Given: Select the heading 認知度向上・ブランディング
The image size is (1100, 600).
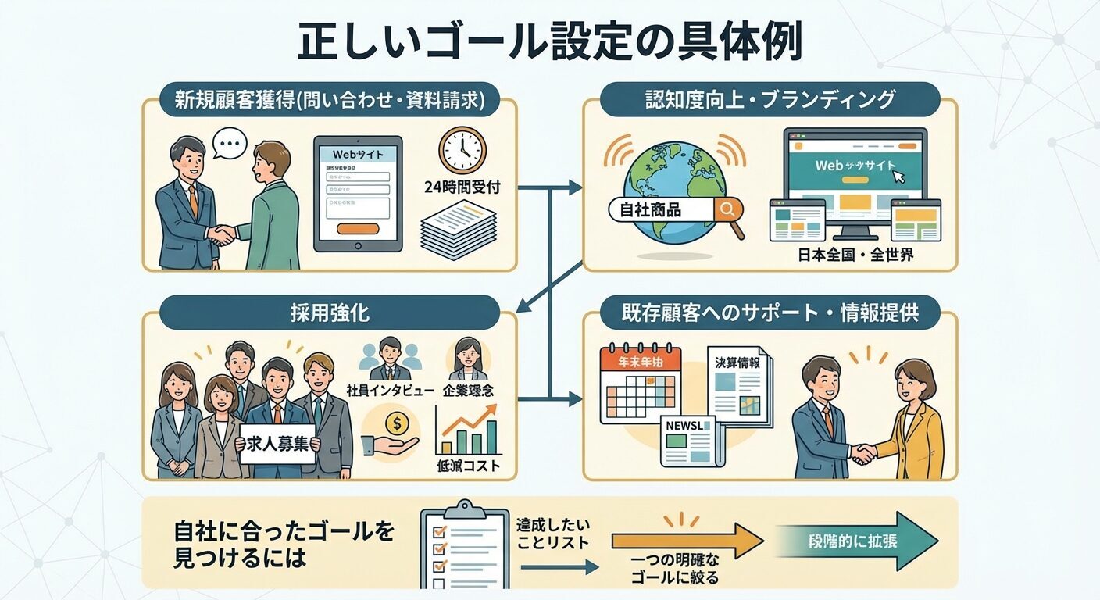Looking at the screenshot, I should [770, 99].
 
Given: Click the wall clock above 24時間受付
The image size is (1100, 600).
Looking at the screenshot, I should [462, 150].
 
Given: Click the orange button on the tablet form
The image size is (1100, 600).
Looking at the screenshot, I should [357, 228].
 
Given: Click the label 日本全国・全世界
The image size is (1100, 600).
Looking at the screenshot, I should [850, 255].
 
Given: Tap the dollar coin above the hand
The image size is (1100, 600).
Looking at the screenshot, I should [397, 424].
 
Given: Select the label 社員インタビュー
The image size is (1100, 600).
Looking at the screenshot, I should [389, 390].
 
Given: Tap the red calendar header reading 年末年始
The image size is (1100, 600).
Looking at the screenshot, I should [640, 362].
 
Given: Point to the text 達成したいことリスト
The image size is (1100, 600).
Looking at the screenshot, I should [552, 534].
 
